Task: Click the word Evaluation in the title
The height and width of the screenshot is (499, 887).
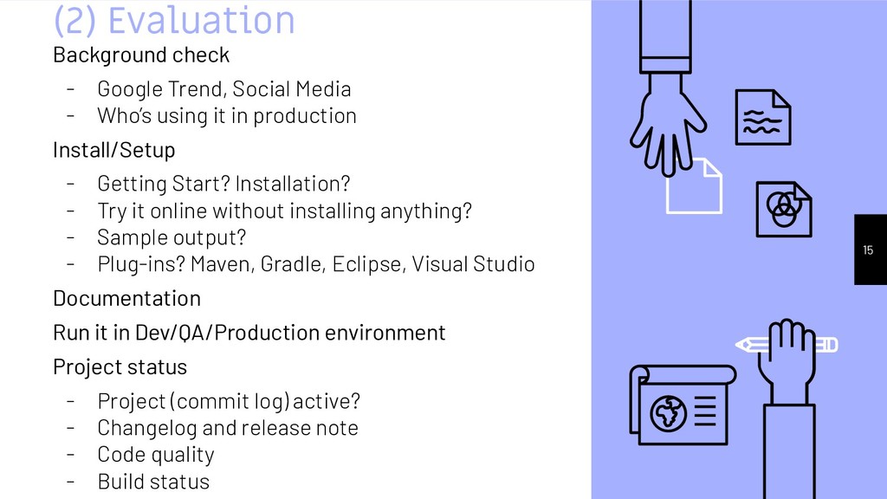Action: click(x=201, y=21)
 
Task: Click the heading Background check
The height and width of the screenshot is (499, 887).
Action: click(x=141, y=55)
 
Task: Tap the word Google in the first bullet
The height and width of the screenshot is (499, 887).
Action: click(x=130, y=89)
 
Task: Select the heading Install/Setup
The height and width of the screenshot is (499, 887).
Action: click(x=113, y=150)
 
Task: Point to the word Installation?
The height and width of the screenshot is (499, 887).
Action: click(x=293, y=184)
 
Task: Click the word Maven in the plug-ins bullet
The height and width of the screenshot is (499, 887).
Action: click(x=223, y=264)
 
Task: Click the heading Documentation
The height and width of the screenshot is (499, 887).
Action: click(x=126, y=299)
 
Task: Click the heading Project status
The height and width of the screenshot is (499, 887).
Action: click(x=120, y=367)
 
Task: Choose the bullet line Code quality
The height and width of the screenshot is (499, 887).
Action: click(x=156, y=455)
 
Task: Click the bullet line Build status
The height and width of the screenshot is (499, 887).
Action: click(x=153, y=482)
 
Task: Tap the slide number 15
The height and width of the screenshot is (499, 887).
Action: click(x=868, y=250)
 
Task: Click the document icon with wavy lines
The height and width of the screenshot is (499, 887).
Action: click(x=762, y=117)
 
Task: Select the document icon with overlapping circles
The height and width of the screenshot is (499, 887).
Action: click(x=783, y=209)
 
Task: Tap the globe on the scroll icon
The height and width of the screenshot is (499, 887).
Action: click(x=668, y=413)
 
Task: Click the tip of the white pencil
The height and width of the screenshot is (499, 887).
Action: click(x=737, y=344)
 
